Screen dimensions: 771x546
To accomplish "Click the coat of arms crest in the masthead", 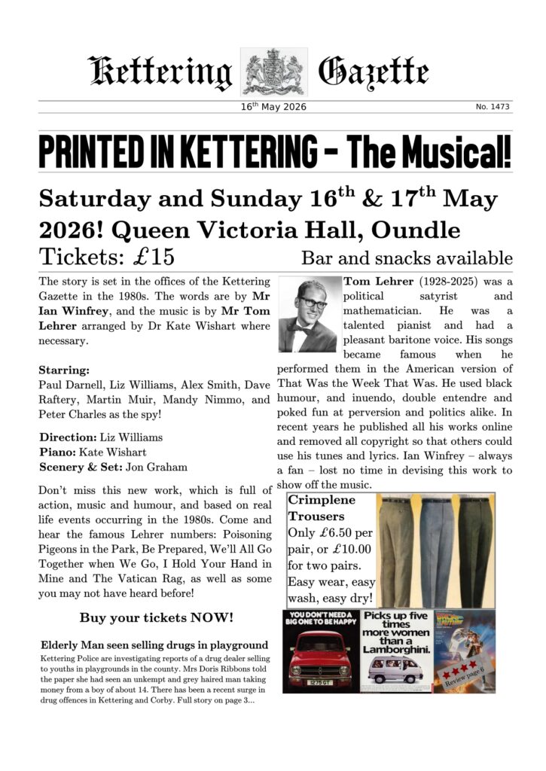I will [x=273, y=72].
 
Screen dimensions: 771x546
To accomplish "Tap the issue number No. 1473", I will [x=493, y=107].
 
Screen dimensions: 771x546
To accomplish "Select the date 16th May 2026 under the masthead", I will [x=273, y=107].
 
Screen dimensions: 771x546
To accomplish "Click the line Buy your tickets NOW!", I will [x=157, y=618].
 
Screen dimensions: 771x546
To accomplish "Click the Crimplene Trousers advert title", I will [x=320, y=508].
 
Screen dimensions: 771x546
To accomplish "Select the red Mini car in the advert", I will [x=319, y=658].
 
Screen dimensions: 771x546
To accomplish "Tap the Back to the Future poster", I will [x=465, y=651].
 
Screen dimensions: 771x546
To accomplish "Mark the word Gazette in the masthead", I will [x=374, y=73].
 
